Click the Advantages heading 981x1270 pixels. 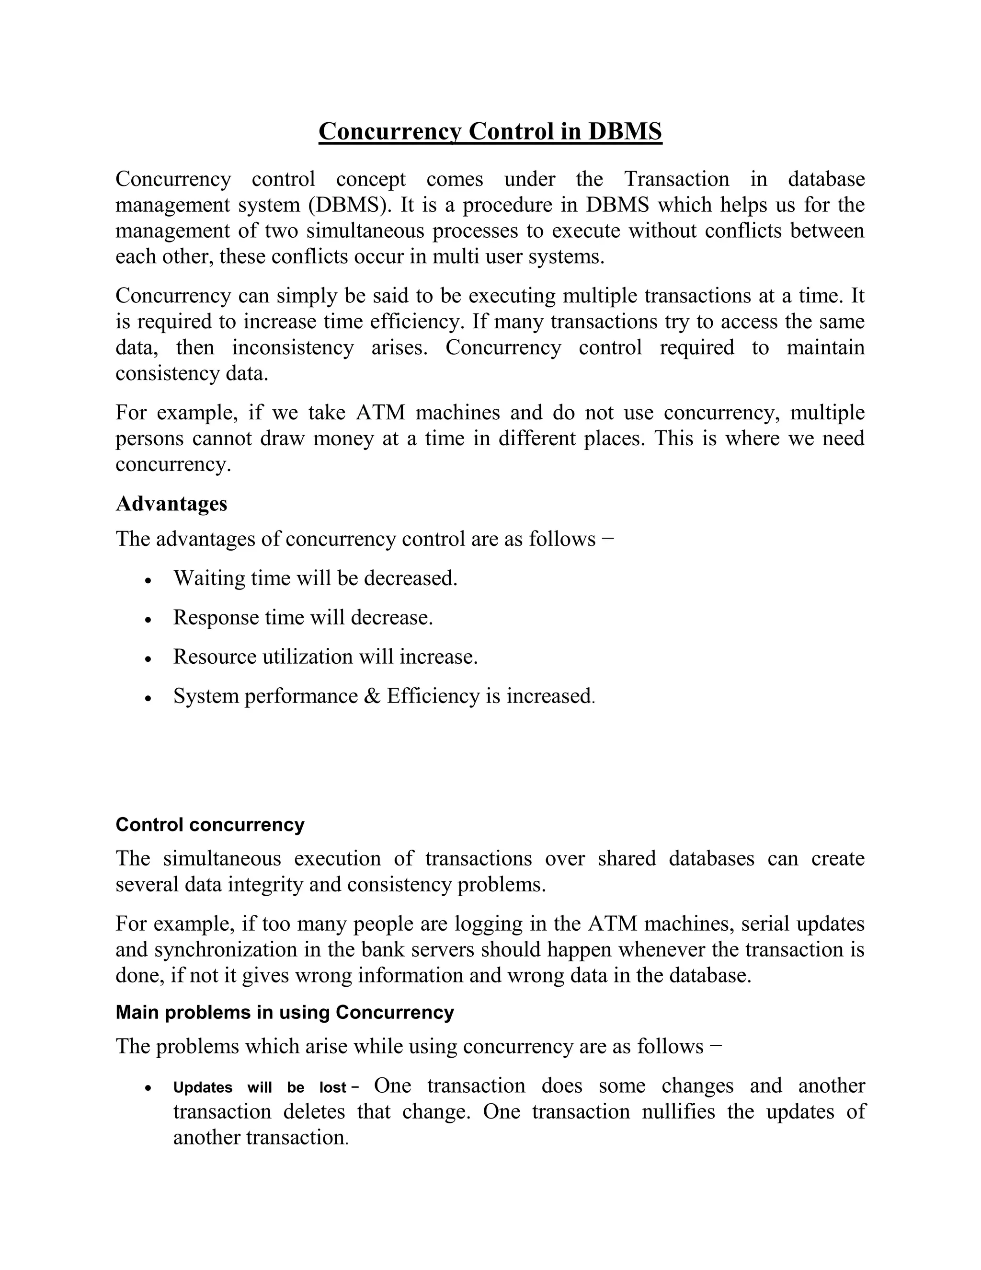(x=171, y=504)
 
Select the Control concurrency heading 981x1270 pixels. (x=210, y=825)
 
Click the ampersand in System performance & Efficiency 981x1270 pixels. (x=372, y=696)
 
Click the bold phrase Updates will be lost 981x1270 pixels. (x=260, y=1087)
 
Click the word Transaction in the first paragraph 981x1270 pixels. (x=676, y=179)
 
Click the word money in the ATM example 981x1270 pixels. (x=343, y=439)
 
